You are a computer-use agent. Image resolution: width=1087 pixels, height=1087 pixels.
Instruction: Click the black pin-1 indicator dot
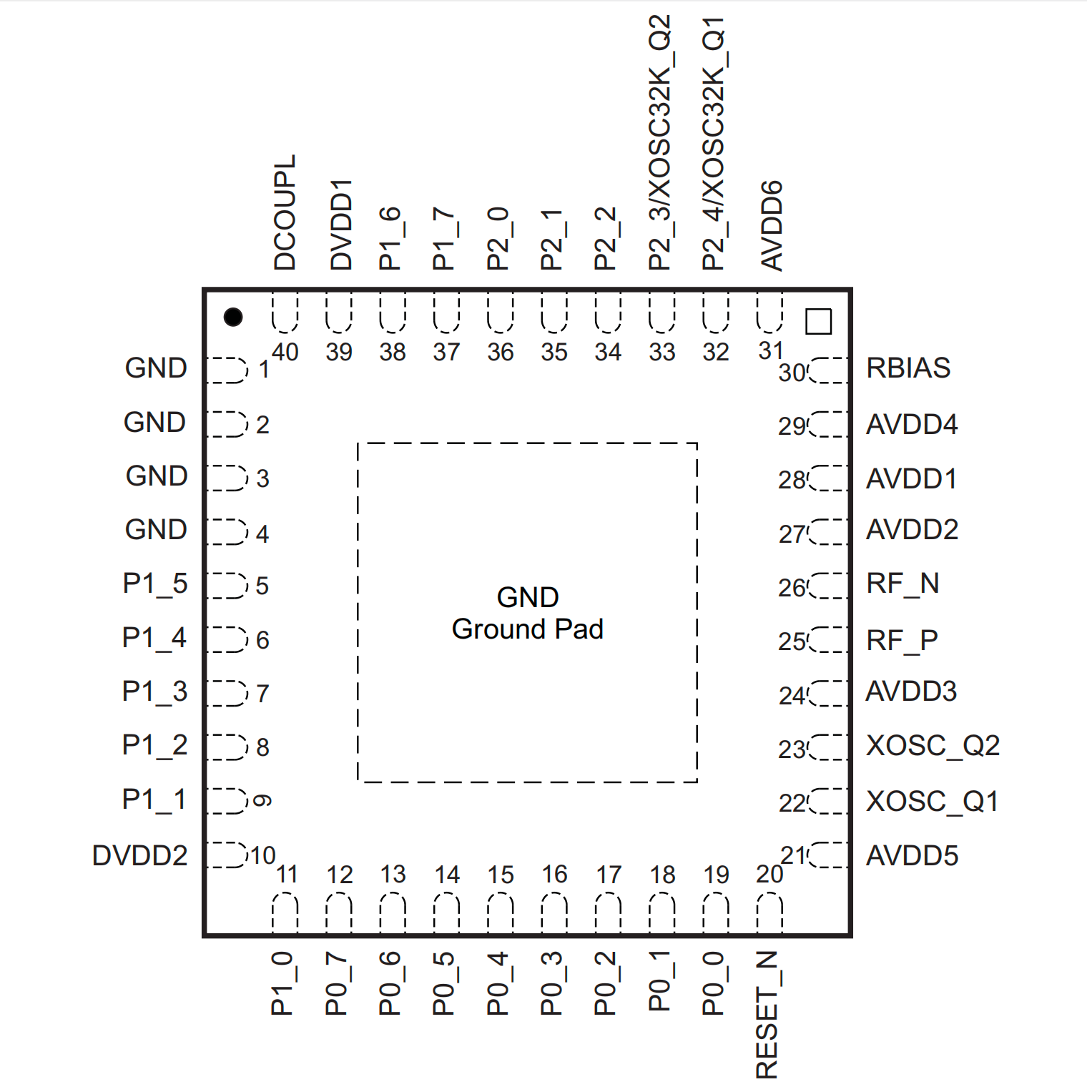pos(233,317)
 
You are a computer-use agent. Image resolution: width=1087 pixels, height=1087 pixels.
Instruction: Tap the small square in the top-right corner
pos(818,321)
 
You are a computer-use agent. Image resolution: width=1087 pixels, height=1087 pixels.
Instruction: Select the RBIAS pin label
pos(908,368)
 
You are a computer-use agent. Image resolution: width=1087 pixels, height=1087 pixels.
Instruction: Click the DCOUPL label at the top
pos(285,212)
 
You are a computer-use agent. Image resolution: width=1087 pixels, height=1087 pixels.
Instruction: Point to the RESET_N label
pos(767,1014)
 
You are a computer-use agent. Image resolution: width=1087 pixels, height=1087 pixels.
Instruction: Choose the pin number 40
pos(285,352)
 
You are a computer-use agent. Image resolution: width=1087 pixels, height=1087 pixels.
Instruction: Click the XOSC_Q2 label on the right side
pos(933,745)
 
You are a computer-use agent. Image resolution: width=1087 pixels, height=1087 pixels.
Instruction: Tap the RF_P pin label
pos(902,640)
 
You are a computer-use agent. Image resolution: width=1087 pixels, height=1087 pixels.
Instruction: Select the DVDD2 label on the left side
pos(139,855)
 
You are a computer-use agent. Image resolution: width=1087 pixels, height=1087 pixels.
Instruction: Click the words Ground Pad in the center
pos(528,629)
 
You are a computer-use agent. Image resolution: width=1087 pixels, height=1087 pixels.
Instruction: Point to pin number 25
pos(792,641)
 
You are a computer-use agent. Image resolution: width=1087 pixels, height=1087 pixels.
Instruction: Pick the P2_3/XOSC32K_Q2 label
pos(659,142)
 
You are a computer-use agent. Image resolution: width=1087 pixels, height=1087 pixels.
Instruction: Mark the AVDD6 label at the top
pos(772,226)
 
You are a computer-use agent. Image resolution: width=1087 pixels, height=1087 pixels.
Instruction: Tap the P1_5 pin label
pos(154,584)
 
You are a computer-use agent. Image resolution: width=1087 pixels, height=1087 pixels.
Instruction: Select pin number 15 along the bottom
pos(501,875)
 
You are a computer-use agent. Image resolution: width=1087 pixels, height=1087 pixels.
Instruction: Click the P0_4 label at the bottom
pos(498,983)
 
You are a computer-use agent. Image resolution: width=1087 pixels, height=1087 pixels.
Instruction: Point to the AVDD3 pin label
pos(911,692)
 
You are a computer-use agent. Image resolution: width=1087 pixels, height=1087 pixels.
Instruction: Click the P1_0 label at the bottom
pos(282,983)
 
